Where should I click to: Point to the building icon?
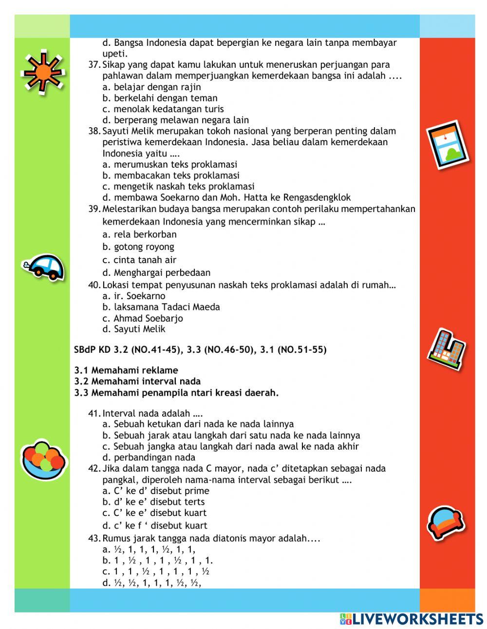[x=446, y=349]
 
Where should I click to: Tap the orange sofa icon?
[x=445, y=522]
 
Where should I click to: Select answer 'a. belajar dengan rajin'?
[x=151, y=87]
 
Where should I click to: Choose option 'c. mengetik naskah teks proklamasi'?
[x=178, y=187]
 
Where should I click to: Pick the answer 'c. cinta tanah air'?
[x=139, y=260]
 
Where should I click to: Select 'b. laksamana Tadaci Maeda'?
[x=161, y=307]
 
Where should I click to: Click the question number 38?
[x=94, y=131]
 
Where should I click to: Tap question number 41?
[x=94, y=413]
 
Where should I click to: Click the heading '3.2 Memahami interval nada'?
[x=137, y=381]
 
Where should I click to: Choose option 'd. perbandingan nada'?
[x=149, y=457]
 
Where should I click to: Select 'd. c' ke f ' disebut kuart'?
[x=155, y=525]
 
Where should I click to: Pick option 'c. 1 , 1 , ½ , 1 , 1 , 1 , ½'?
[x=156, y=571]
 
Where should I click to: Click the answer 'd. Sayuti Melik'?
[x=134, y=329]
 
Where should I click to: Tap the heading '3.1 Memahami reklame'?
[x=126, y=370]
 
